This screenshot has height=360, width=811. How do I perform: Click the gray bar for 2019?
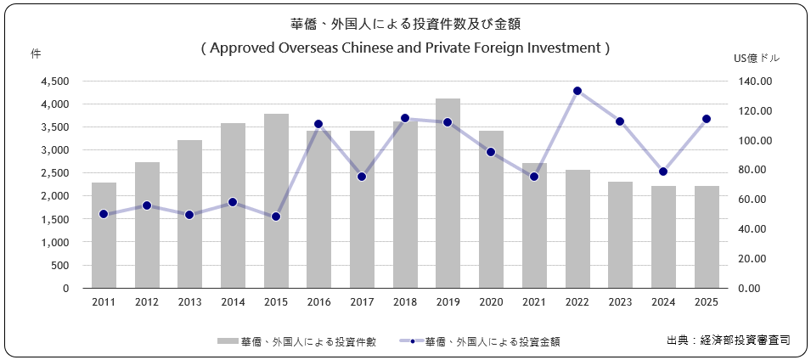coord(448,194)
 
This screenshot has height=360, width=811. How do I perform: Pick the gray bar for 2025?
coord(707,237)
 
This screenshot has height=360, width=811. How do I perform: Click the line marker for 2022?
coord(577,91)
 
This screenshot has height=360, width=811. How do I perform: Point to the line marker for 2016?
coord(318,124)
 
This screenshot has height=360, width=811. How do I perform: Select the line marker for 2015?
coord(276,217)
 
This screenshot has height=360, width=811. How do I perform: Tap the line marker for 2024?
coord(663,172)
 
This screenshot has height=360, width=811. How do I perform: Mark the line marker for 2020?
coord(491,152)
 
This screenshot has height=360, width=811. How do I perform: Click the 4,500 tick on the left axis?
coord(54,82)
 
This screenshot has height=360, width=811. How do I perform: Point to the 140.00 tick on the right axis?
coord(753,82)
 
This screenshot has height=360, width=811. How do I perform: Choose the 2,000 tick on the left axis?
coord(54,196)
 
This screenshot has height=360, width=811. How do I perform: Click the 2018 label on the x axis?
coord(405,302)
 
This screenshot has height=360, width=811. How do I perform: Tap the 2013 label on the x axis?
coord(189,302)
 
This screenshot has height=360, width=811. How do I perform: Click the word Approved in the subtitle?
coord(241,48)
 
